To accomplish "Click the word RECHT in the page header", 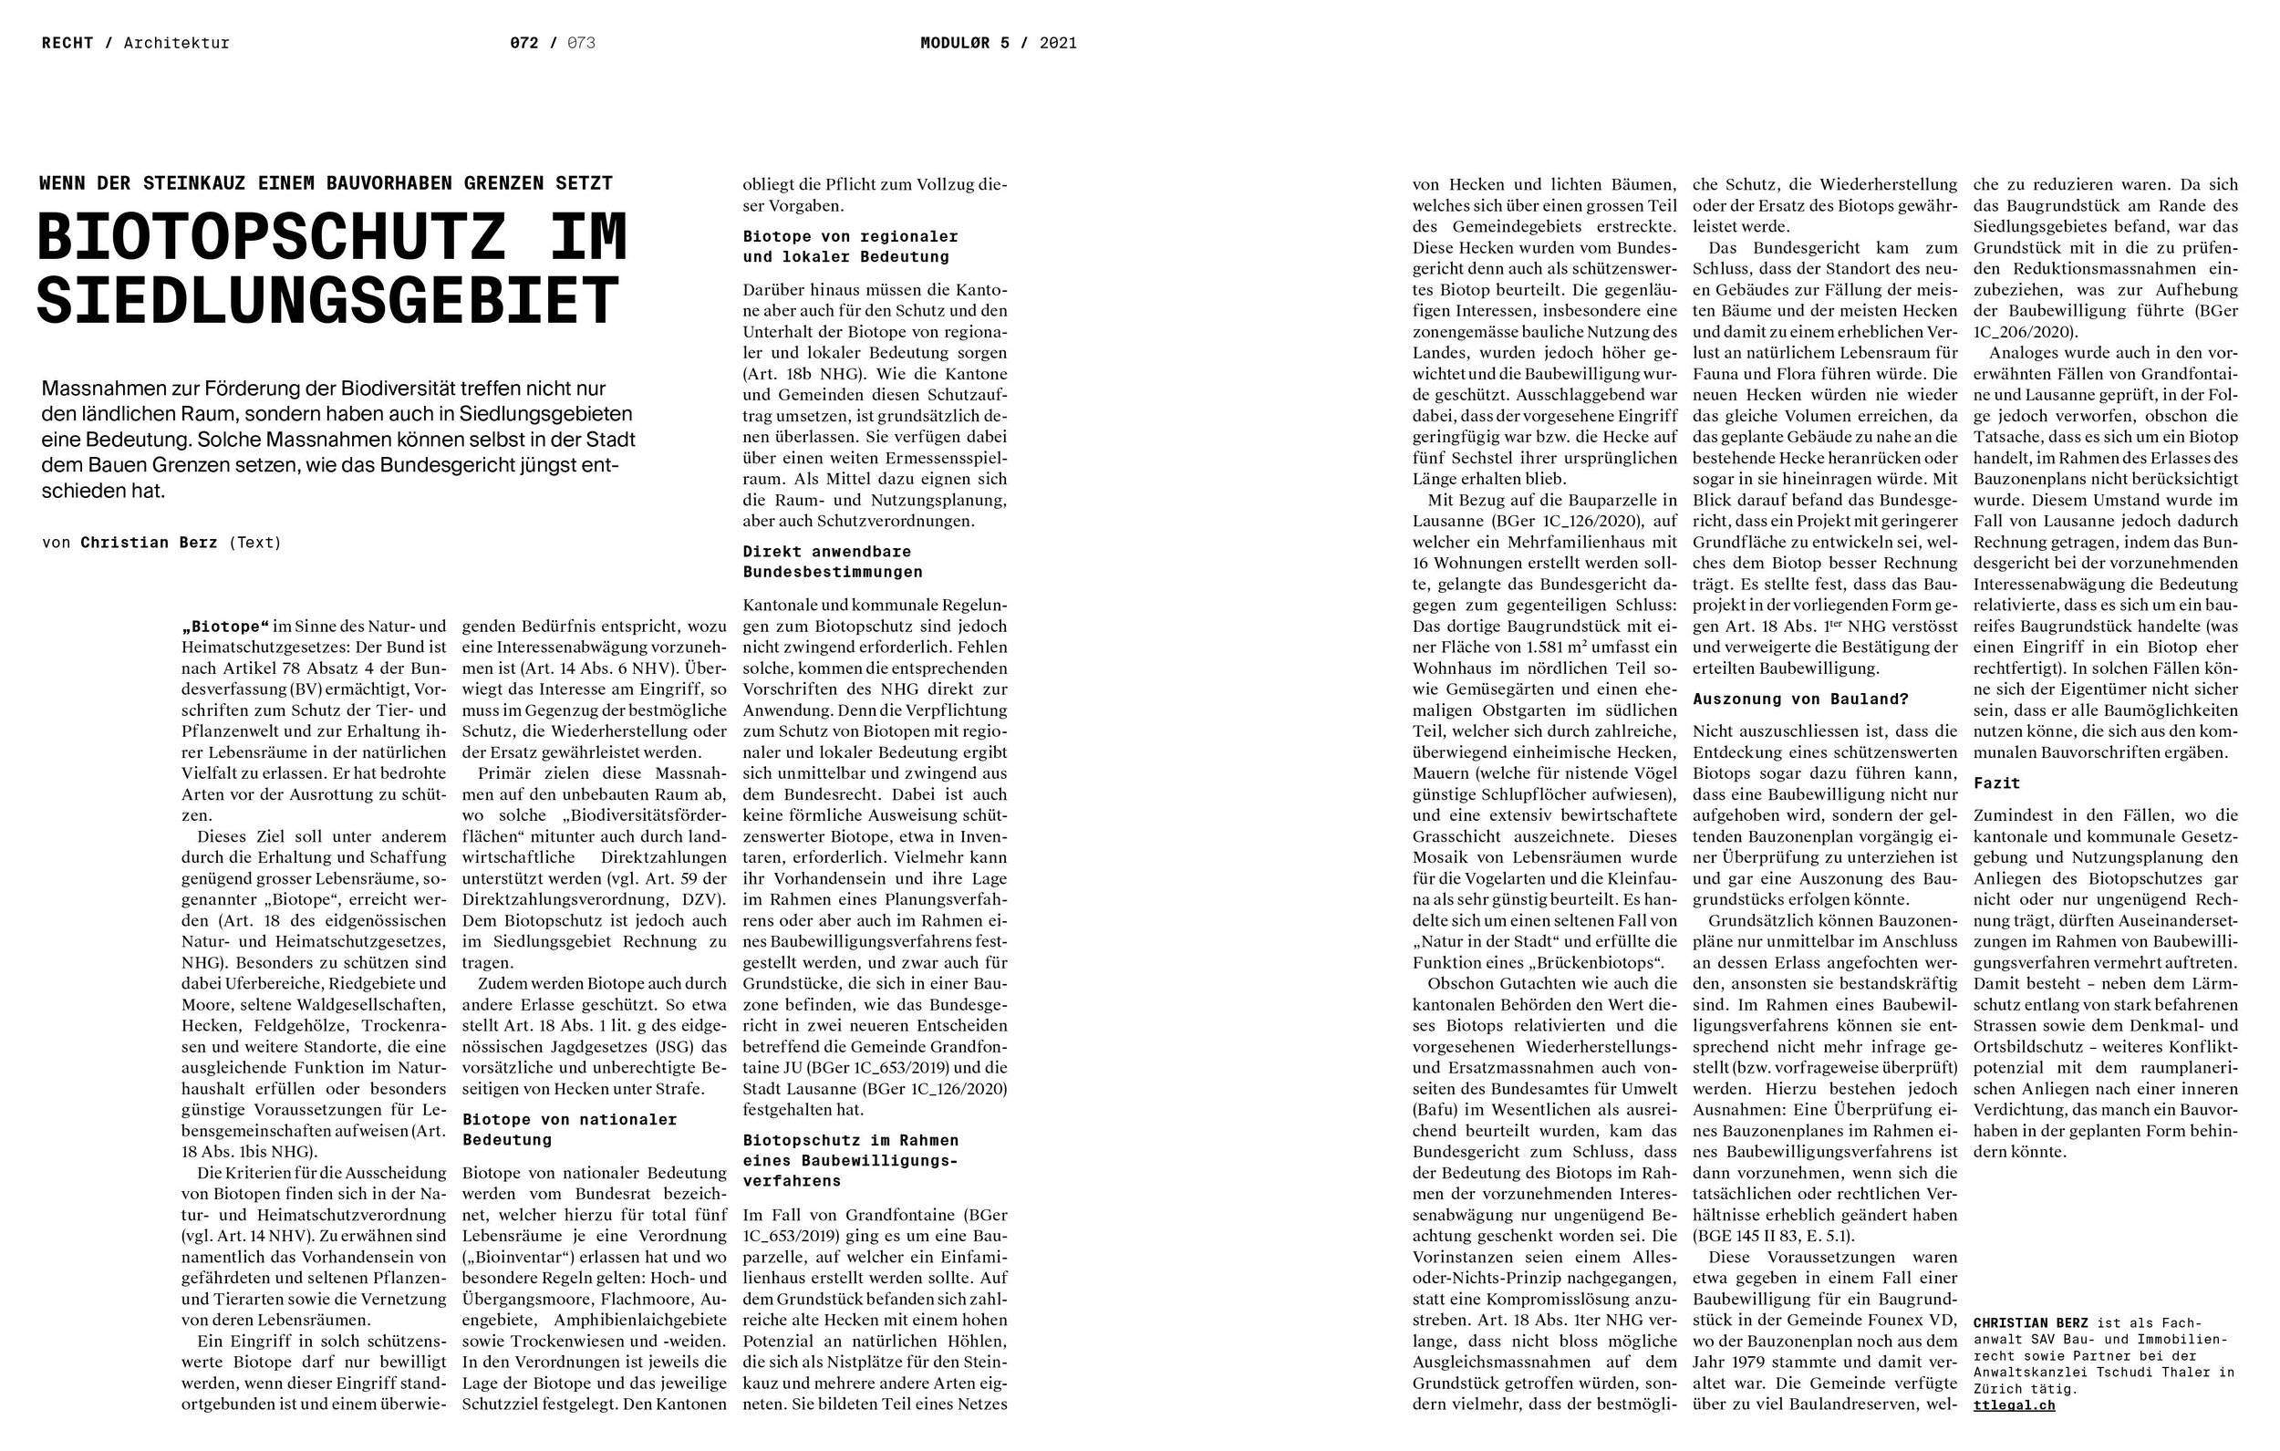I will point(67,43).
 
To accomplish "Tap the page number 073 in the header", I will point(580,43).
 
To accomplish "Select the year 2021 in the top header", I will point(1058,43).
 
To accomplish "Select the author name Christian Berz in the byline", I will point(149,543).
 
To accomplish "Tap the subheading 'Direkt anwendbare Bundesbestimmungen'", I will point(832,562).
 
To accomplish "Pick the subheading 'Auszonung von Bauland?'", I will point(1800,699).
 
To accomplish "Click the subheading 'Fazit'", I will point(1996,783).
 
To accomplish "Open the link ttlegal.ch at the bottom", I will point(2014,1405).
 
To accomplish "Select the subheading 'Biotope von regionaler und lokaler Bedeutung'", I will point(849,246).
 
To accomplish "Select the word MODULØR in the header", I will point(955,43).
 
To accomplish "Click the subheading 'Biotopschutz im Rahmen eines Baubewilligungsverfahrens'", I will point(849,1160).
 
